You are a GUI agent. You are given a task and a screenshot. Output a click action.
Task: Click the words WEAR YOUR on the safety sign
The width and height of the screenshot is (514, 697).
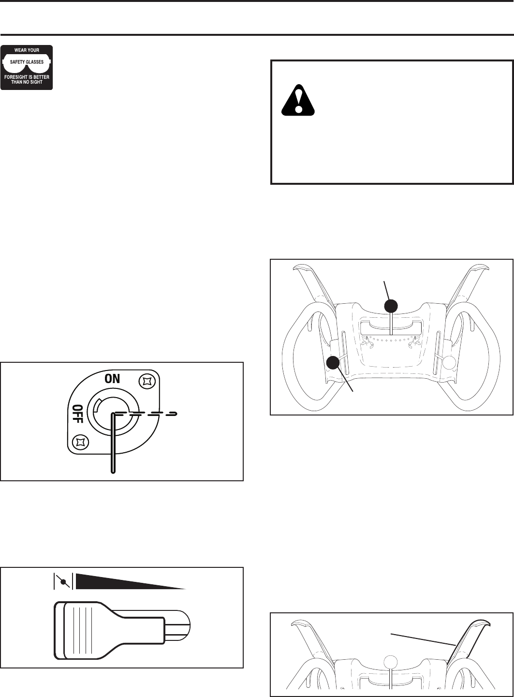(27, 50)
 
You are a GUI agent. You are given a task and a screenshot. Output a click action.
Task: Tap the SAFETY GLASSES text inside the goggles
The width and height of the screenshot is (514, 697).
(27, 62)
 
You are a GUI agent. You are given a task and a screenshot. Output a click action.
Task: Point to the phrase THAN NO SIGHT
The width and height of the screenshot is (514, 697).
(27, 82)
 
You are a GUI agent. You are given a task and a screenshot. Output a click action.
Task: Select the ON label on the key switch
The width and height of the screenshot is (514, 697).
(112, 379)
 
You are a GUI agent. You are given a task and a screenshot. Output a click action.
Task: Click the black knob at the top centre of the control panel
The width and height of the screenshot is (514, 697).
(391, 306)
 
